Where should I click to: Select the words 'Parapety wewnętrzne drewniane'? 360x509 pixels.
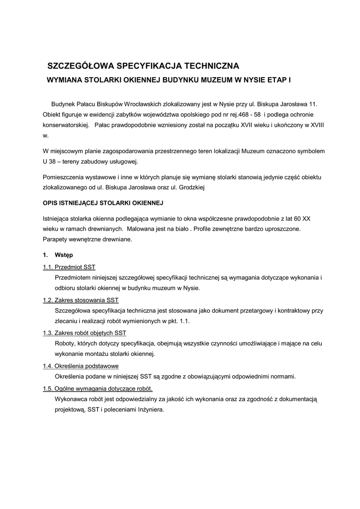point(87,239)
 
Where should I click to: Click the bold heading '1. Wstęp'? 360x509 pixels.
point(58,255)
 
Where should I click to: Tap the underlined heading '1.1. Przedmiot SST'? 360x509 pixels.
point(69,267)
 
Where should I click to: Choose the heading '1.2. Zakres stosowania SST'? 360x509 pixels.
point(81,300)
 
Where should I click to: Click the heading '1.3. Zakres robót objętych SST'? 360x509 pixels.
point(85,333)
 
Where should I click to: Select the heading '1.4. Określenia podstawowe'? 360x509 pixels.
point(81,366)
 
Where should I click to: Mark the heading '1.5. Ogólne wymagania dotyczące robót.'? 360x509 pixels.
point(98,388)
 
